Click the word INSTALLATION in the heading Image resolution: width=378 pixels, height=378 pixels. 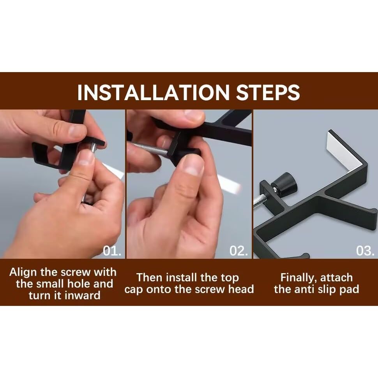point(153,92)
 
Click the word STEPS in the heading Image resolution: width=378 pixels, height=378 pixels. point(268,92)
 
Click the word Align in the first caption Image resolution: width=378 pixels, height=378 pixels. point(23,273)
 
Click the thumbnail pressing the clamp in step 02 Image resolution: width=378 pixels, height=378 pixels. point(192,167)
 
